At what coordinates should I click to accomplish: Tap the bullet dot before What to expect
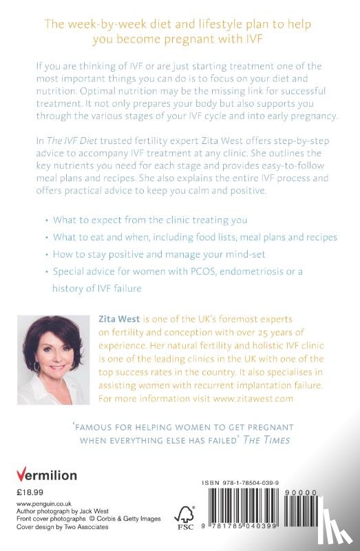tap(45, 220)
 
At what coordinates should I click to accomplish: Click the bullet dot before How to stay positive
tap(45, 254)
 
